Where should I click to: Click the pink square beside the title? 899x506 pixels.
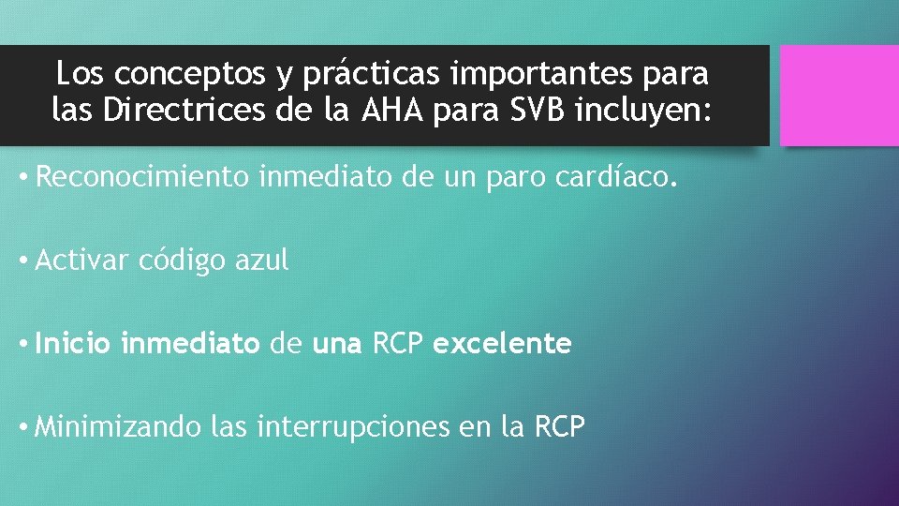[x=839, y=95]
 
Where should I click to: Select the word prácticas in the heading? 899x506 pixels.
[x=346, y=72]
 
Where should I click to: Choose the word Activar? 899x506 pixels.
[x=81, y=260]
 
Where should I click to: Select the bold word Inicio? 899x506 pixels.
[x=74, y=344]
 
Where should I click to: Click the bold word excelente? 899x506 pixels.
[x=502, y=344]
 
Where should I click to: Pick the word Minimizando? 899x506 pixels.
[x=118, y=427]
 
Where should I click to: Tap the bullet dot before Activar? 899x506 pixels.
[x=22, y=260]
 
